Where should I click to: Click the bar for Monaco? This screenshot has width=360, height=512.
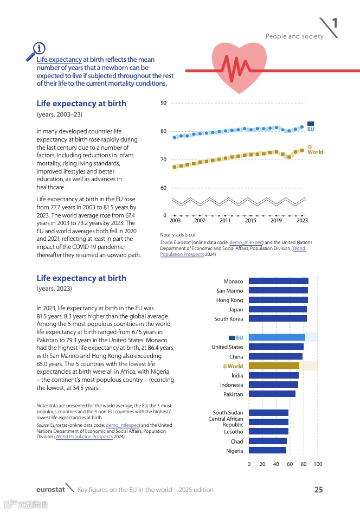coord(278,281)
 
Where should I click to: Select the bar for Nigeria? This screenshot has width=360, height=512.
coord(267,451)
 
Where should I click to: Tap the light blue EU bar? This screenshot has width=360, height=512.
coord(277,337)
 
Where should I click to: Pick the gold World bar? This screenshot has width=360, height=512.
coord(274,366)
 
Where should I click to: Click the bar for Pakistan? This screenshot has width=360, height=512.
coord(272,394)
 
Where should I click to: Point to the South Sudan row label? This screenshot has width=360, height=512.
coord(228,413)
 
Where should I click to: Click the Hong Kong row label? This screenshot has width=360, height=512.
coord(229,300)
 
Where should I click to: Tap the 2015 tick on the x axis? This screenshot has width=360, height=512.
coord(250,221)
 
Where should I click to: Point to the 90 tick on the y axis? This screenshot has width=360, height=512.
coord(163,103)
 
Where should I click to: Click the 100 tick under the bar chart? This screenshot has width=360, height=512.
coord(318,464)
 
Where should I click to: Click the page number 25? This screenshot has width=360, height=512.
coord(318,490)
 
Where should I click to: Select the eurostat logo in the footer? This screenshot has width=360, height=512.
coord(50,490)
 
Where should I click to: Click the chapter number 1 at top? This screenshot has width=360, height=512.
coord(335,23)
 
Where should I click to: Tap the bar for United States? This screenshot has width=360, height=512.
coord(276,347)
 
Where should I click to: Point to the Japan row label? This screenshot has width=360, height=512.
coord(236,310)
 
